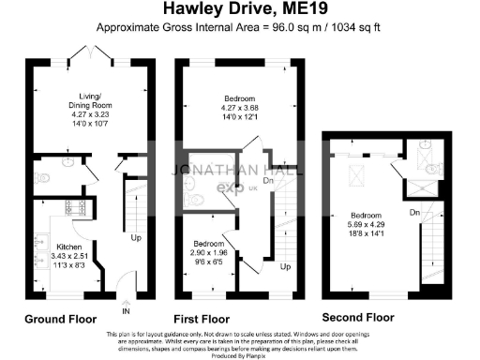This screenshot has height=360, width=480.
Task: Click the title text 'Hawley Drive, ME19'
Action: tap(239, 11)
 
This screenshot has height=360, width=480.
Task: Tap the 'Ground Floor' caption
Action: tap(61, 319)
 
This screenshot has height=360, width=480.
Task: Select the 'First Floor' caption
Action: tap(202, 319)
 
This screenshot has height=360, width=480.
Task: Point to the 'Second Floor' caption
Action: tap(361, 319)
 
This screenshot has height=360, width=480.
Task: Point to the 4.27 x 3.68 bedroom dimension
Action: tap(240, 108)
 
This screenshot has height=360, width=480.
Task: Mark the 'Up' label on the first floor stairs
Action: tap(285, 267)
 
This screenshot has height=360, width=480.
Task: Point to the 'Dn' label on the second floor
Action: tap(413, 214)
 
